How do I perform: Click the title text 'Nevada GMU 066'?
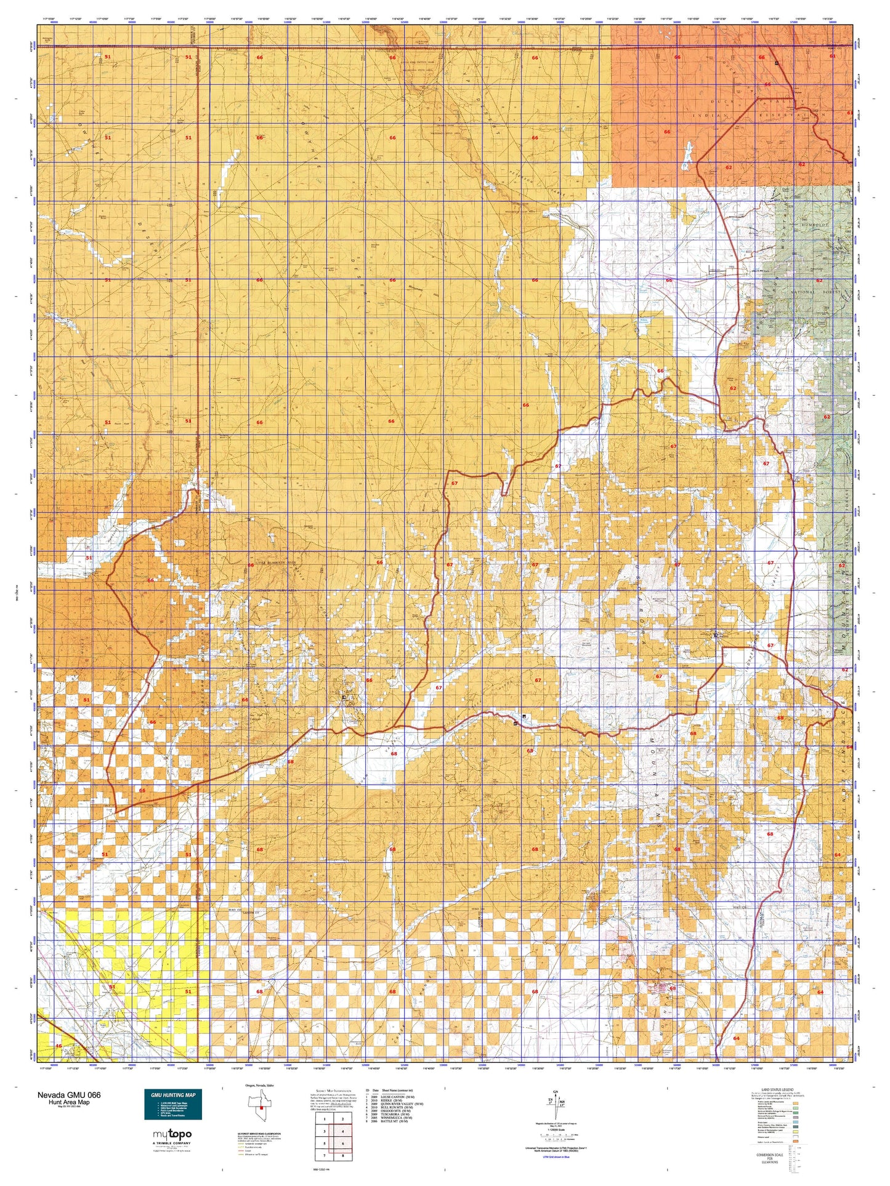69,1095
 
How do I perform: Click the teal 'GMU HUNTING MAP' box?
173,1104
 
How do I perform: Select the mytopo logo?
172,1134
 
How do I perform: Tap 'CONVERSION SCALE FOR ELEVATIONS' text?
770,1158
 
